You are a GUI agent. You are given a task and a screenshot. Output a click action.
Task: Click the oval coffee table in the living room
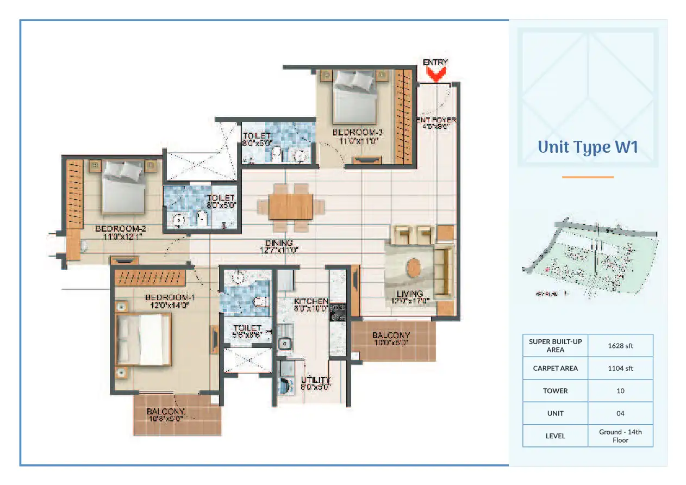coord(414,268)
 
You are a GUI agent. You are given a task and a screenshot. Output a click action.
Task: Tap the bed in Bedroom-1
coord(142,340)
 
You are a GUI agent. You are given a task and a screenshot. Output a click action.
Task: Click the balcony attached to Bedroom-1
coord(177,415)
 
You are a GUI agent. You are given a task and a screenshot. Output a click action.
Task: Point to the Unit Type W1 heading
coord(587,147)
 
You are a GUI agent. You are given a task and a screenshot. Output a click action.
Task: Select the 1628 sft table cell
coord(620,346)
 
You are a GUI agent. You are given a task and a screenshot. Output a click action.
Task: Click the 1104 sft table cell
coord(620,368)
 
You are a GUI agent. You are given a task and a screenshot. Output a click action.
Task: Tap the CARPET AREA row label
coord(555,368)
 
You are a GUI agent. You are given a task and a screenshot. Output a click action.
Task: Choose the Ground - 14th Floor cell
coord(620,436)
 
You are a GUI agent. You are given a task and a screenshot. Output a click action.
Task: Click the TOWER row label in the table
coord(555,391)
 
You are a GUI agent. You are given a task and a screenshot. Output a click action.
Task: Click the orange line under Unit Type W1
coord(587,177)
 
